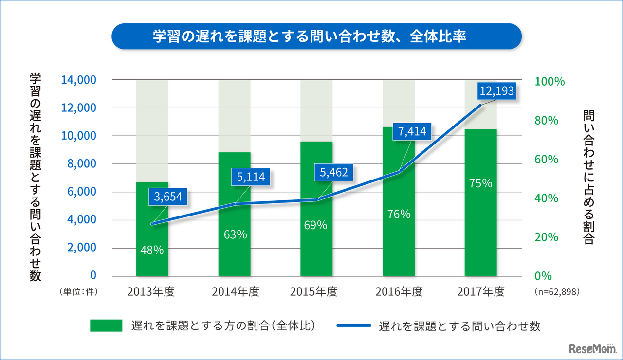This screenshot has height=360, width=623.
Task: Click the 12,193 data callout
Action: click(496, 91)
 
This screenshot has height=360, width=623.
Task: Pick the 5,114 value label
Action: click(251, 177)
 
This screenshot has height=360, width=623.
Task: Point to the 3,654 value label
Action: click(167, 197)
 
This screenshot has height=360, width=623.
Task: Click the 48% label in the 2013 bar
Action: click(152, 251)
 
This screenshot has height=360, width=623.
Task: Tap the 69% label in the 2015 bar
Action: click(316, 225)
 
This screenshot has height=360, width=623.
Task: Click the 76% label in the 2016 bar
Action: click(398, 214)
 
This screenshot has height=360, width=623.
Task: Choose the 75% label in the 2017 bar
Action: click(480, 183)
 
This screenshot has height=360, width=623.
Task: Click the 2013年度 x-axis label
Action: click(151, 292)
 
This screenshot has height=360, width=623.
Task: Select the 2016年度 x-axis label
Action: click(399, 292)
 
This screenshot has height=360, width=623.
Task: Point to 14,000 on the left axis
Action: click(79, 80)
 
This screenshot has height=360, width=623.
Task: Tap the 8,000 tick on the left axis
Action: click(81, 164)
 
